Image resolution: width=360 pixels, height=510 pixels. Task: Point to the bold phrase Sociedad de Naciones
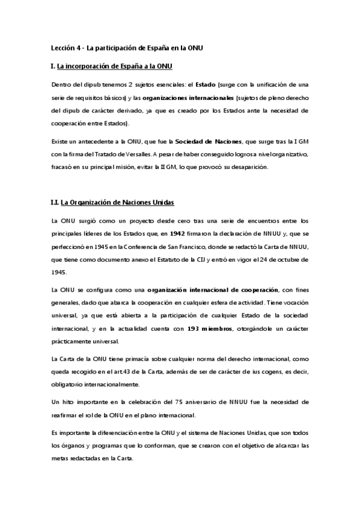[x=207, y=141]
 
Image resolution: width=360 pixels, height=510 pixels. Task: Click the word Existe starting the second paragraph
[x=61, y=141]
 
